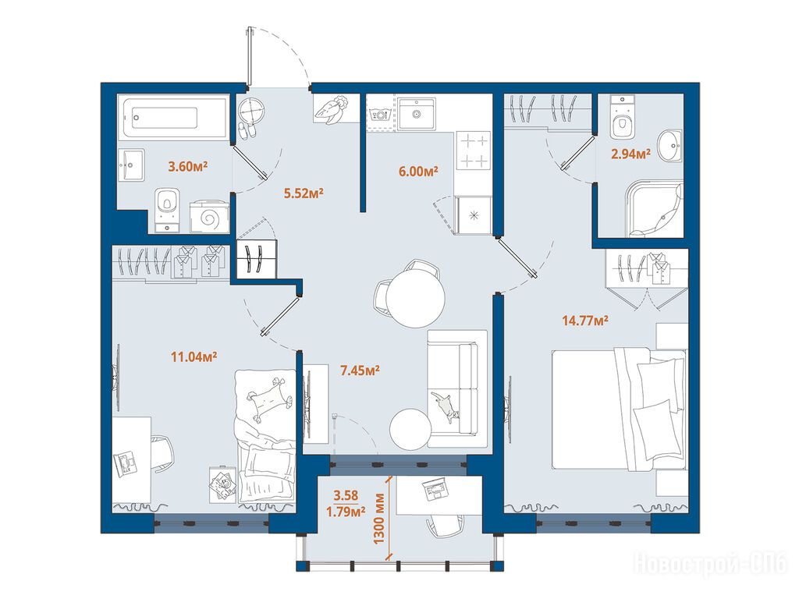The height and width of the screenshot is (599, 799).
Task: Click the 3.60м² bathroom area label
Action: [188, 166]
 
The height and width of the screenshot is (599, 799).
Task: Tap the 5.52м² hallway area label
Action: [304, 193]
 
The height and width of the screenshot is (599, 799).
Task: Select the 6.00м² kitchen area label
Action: [418, 172]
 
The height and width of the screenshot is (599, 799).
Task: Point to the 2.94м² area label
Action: [630, 154]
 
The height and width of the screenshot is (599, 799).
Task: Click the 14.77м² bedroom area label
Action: [585, 321]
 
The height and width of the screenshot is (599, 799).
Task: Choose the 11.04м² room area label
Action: [194, 356]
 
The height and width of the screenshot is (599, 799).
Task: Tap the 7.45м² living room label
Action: [360, 370]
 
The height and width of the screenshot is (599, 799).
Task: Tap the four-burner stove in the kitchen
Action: [474, 151]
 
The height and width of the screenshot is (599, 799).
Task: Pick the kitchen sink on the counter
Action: [417, 114]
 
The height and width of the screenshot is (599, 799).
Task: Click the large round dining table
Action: [415, 298]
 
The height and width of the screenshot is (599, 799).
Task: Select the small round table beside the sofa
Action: [410, 430]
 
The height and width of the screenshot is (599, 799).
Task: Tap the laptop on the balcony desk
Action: [435, 488]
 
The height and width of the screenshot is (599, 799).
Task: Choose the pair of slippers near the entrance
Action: [248, 132]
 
